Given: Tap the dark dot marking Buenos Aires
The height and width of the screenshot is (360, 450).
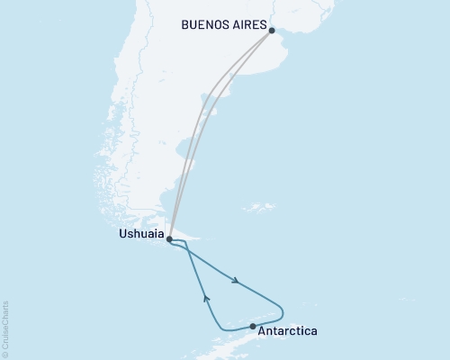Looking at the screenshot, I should pos(272,30).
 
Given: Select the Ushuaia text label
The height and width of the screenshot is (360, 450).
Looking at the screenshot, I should pos(140,234).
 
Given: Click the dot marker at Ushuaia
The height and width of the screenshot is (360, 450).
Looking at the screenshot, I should pos(169,239).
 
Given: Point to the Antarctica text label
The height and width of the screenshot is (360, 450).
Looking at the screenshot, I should pos(287,331).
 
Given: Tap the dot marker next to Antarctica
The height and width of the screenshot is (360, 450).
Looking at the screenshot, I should pos(253,326).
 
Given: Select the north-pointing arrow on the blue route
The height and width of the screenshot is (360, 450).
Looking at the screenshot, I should pos(206,296).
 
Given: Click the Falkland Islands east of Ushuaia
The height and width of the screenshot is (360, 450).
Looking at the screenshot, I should pos(259,208).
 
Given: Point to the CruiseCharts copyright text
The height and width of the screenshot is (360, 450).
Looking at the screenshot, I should pos(5,328).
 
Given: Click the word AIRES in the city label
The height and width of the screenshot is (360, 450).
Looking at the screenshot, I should pos(247,28).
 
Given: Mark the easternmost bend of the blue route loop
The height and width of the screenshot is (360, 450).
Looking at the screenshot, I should pos(283,312).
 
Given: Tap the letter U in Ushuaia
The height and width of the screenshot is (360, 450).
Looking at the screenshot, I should pos(121,234).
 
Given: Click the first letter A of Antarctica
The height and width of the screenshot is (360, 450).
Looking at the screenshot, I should pos(262,331).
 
